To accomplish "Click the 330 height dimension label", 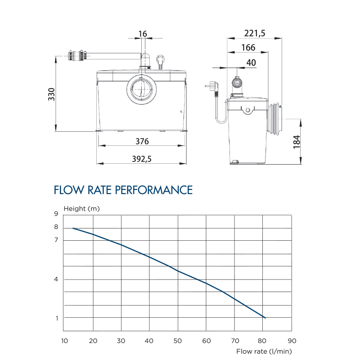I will coord(52,94).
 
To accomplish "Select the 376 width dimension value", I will coord(142,141).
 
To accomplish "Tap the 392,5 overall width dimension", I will coord(142,159).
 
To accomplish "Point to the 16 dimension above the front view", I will coord(143,34).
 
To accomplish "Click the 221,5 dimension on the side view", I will coord(255,33).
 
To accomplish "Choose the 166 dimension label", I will coord(248,47).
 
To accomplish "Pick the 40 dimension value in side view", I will coord(251,63).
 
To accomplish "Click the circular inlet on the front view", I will coord(143,88).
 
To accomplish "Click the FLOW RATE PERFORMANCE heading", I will coord(123,190).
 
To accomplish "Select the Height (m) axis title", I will coord(82,208).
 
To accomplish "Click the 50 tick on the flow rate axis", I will coord(178,341).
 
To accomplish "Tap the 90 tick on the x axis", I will coord(292,341).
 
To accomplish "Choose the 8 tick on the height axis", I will coord(56,227).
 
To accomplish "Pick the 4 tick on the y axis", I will coord(56,279).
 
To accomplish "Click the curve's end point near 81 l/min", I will coord(265,318).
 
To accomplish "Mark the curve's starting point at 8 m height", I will coord(73,228).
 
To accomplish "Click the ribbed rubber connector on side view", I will coord(275,118).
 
